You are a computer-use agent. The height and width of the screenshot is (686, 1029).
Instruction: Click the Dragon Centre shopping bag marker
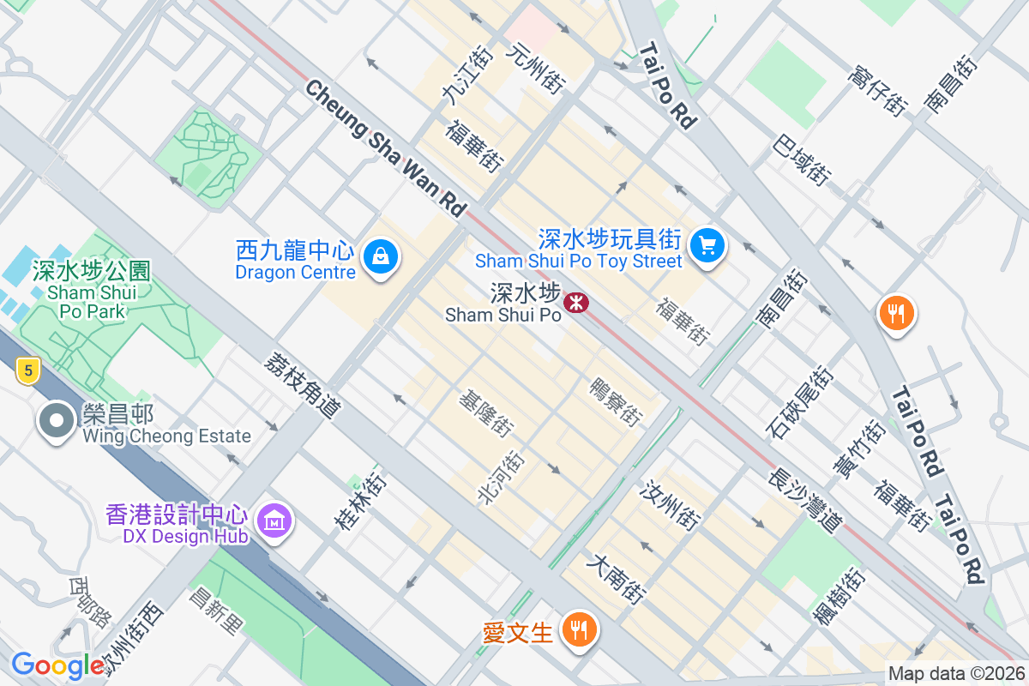pyautogui.click(x=379, y=256)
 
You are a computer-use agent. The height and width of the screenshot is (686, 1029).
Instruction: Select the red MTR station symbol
pyautogui.click(x=575, y=302)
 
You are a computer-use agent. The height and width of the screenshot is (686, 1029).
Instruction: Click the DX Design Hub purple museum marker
pyautogui.click(x=274, y=520)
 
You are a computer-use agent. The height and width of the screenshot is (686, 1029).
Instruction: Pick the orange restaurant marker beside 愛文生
pyautogui.click(x=580, y=630)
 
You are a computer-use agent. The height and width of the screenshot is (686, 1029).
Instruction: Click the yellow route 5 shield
pyautogui.click(x=29, y=371)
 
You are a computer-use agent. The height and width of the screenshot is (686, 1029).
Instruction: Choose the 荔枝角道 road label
pyautogui.click(x=303, y=386)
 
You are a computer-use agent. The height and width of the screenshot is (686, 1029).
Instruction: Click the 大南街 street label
pyautogui.click(x=616, y=579)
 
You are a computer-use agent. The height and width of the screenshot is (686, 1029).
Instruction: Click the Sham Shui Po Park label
pyautogui.click(x=91, y=291)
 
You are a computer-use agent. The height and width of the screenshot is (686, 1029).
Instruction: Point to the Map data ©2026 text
pyautogui.click(x=956, y=674)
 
